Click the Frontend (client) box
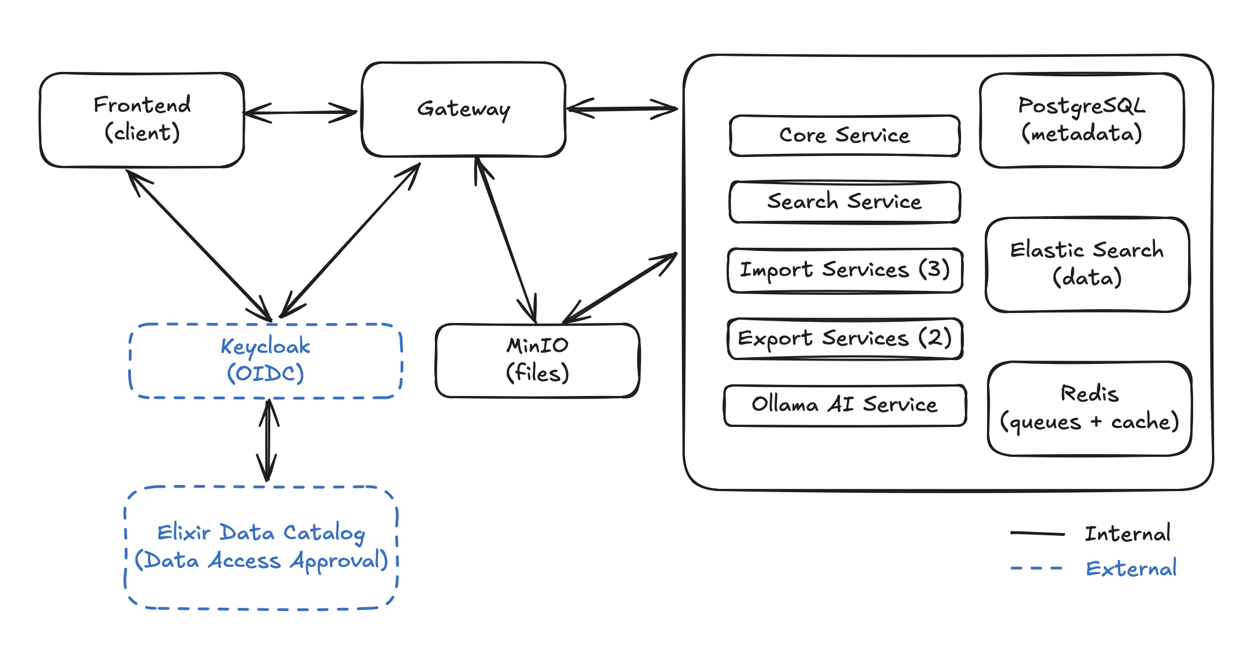coord(142,119)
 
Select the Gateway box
coord(464,109)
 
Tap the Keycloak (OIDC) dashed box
coord(265,361)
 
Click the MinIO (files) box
coord(537,361)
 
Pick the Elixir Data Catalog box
coord(261,547)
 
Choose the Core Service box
coord(844,136)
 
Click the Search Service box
coord(844,202)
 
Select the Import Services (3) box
coord(844,270)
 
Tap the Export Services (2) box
coord(844,338)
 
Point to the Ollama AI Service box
coord(844,405)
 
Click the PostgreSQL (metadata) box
coord(1081,120)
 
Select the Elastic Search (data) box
coord(1087,264)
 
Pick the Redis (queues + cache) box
coord(1089,409)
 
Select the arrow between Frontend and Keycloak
coord(199,245)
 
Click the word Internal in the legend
coord(1127,534)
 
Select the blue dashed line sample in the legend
coord(1036,568)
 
